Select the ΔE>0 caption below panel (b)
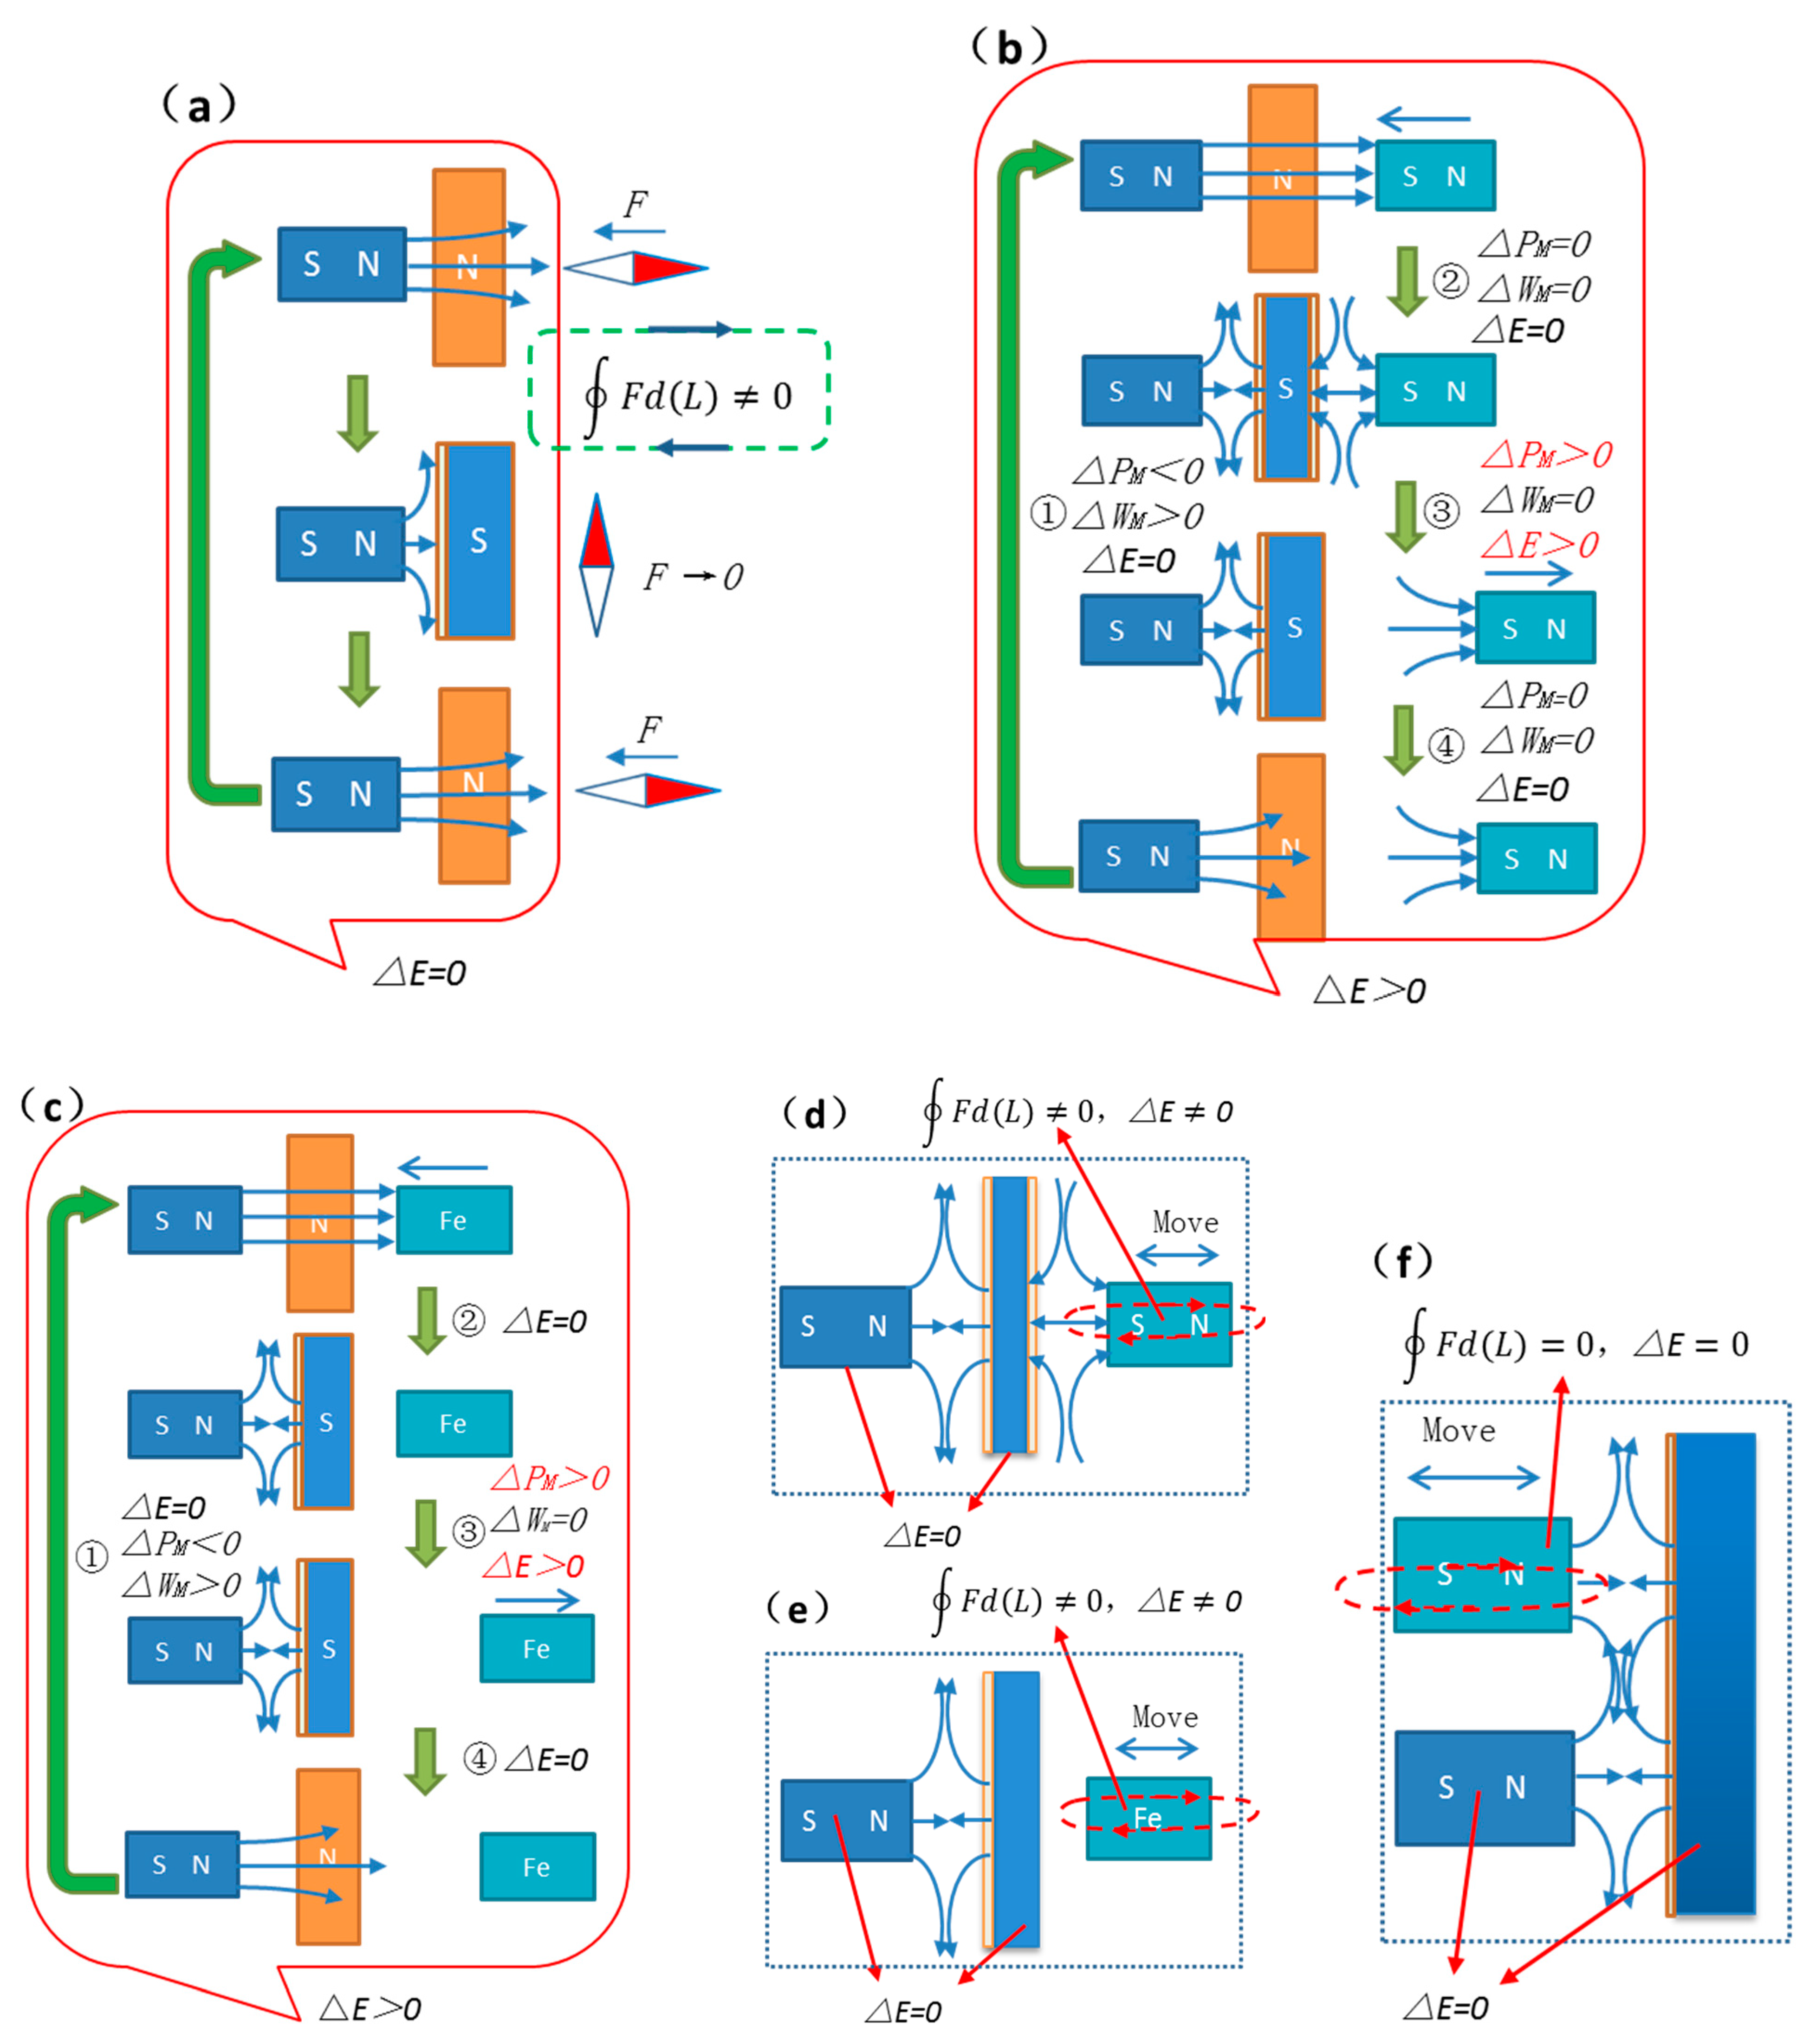(x=1369, y=991)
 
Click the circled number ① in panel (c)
(x=92, y=1556)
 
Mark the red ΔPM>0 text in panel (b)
(x=1545, y=455)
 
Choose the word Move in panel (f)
(x=1458, y=1431)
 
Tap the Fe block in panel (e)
(x=1148, y=1818)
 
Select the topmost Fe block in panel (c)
(x=454, y=1220)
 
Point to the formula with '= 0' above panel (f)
(x=1576, y=1344)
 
